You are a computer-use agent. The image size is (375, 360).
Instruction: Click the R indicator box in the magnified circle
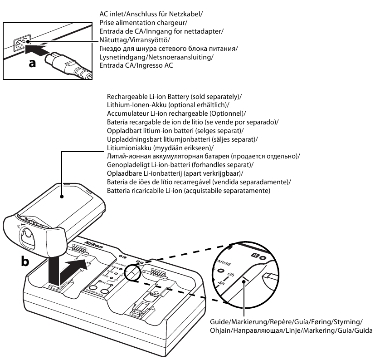(255, 255)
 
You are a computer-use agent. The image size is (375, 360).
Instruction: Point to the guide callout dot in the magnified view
(244, 283)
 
